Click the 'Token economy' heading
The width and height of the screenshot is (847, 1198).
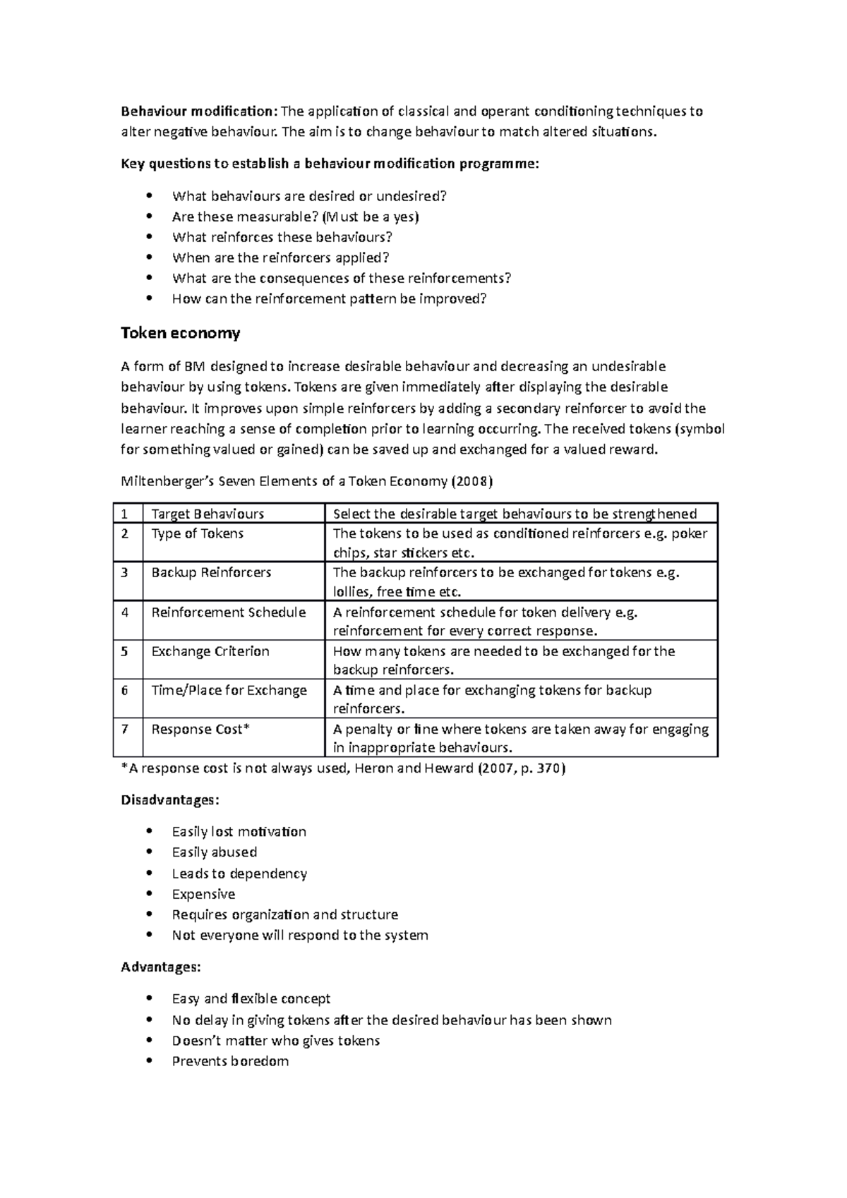[x=181, y=332]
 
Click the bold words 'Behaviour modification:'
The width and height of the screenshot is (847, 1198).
[x=200, y=111]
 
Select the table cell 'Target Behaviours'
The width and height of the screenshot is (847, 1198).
[x=208, y=514]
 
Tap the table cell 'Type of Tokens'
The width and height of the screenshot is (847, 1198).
[x=198, y=533]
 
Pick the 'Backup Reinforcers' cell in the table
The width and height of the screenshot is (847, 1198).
[x=211, y=572]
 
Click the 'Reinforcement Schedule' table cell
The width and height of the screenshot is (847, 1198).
[x=228, y=612]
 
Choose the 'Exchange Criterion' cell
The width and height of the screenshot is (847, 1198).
[x=210, y=651]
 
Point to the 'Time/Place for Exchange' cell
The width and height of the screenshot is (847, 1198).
[x=229, y=690]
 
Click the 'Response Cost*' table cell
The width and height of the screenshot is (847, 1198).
[x=200, y=729]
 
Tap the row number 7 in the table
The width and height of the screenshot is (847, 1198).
[x=125, y=729]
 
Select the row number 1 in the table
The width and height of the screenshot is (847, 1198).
[x=125, y=514]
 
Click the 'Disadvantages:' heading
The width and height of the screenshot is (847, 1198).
[x=170, y=800]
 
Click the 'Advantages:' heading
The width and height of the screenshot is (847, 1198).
[x=161, y=967]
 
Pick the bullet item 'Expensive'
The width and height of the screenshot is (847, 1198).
[x=203, y=894]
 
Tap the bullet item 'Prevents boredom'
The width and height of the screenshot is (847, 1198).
[x=230, y=1061]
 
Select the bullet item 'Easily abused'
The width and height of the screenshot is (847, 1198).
[x=214, y=852]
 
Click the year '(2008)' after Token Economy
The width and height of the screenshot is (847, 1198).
[x=471, y=481]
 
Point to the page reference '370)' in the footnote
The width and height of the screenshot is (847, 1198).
[x=551, y=768]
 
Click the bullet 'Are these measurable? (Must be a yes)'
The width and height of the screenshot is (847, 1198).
[x=295, y=217]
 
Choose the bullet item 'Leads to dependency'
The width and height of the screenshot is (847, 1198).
[x=239, y=873]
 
